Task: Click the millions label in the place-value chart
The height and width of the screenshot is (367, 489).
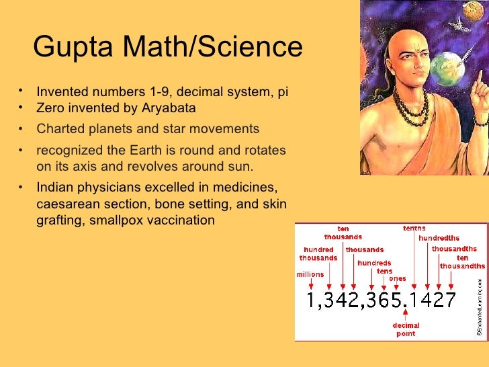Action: pos(310,274)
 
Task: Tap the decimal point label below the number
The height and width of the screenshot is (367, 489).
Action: pos(406,329)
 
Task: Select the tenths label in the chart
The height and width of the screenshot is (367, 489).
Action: pos(414,229)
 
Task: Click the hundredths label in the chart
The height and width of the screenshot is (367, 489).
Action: pos(439,238)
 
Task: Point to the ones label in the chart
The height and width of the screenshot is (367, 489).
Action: pos(398,278)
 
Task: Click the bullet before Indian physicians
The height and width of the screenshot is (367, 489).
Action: pos(21,188)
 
